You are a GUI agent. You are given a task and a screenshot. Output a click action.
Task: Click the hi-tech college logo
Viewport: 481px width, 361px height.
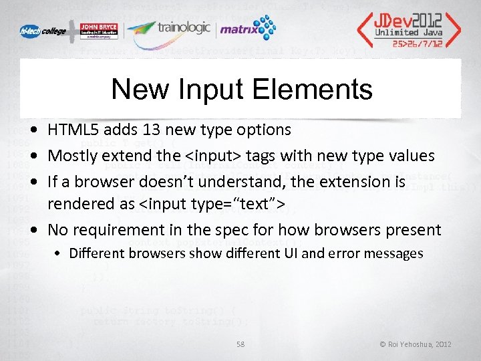point(42,31)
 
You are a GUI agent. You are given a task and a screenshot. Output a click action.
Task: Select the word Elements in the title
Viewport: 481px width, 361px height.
point(317,89)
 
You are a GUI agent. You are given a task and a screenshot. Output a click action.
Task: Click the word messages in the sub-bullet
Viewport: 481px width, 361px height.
point(397,253)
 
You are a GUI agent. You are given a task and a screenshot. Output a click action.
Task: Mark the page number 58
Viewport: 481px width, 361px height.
point(240,344)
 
